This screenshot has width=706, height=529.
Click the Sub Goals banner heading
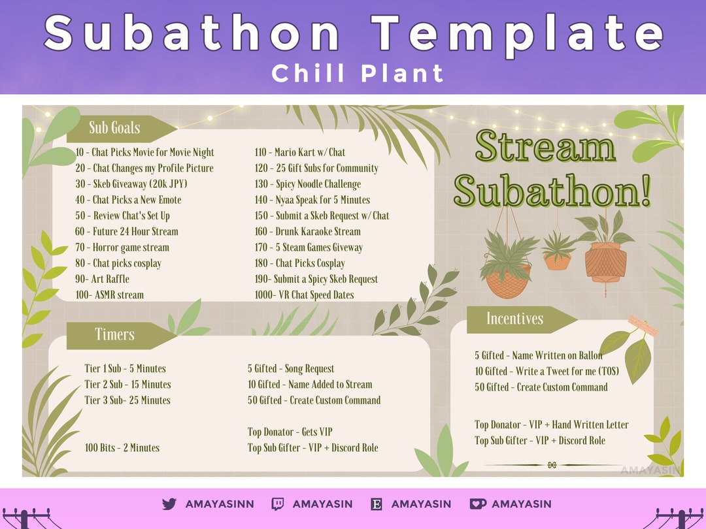click(115, 128)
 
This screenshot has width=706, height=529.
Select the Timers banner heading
click(115, 334)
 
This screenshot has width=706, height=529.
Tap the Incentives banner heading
click(514, 319)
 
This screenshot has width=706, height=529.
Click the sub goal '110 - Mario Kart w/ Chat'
click(300, 152)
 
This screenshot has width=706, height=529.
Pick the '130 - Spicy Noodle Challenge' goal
click(308, 184)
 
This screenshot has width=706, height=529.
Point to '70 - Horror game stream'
click(122, 248)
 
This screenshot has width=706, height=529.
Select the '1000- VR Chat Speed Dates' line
click(304, 295)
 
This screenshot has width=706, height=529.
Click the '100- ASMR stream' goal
click(110, 295)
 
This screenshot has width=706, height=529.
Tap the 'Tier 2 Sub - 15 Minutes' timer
click(127, 385)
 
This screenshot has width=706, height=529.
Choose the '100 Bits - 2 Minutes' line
click(122, 448)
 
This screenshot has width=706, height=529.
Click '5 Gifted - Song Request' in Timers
click(291, 369)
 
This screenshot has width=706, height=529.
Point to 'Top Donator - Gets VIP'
click(290, 432)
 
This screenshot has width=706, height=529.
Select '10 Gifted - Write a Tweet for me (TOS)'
click(546, 372)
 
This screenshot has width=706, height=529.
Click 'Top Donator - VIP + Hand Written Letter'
click(552, 425)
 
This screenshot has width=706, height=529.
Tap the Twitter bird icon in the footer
click(169, 504)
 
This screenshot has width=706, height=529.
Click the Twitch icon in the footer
click(278, 504)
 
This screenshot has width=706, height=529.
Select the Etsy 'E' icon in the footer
click(377, 504)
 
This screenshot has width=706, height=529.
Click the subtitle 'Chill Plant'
click(358, 73)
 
